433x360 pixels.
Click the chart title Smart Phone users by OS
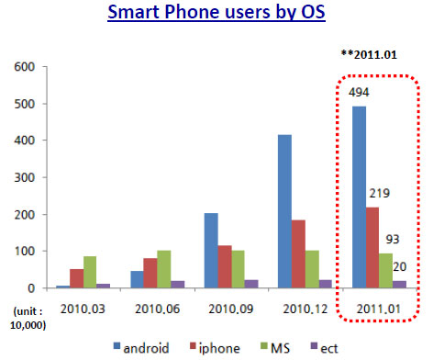point(216,15)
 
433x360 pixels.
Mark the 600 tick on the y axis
point(20,66)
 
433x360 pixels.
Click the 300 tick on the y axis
point(20,177)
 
